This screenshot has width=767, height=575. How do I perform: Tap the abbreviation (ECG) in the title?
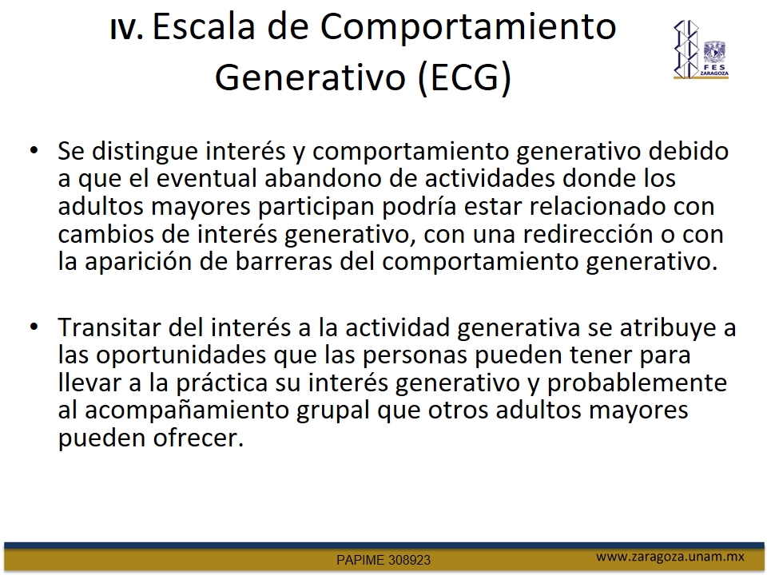click(x=465, y=77)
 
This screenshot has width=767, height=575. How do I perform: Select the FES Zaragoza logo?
click(x=701, y=50)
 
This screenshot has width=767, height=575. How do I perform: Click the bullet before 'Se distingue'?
click(x=34, y=149)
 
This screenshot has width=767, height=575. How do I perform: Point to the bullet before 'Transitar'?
click(x=34, y=326)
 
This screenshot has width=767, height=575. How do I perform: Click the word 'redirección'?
click(x=588, y=234)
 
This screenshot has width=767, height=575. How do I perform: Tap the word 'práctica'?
click(x=222, y=383)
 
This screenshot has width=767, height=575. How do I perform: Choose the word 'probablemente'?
click(x=637, y=383)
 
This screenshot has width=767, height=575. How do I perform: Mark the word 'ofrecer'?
click(x=199, y=438)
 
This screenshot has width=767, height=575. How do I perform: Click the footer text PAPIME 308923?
click(x=383, y=560)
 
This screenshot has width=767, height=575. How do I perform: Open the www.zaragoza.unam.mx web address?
click(x=670, y=557)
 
